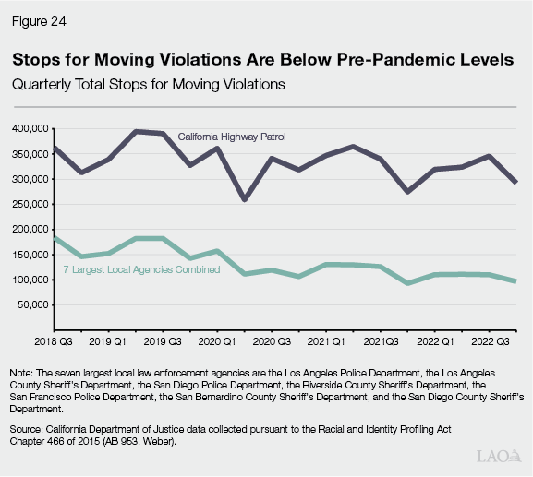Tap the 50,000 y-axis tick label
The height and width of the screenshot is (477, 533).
coord(33,304)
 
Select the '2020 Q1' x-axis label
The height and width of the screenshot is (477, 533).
coord(216,340)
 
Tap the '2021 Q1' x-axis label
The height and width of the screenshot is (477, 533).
coord(324,340)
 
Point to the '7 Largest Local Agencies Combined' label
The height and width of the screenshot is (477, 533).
coord(141,269)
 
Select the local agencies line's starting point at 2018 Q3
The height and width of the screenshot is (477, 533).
coord(55,238)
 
